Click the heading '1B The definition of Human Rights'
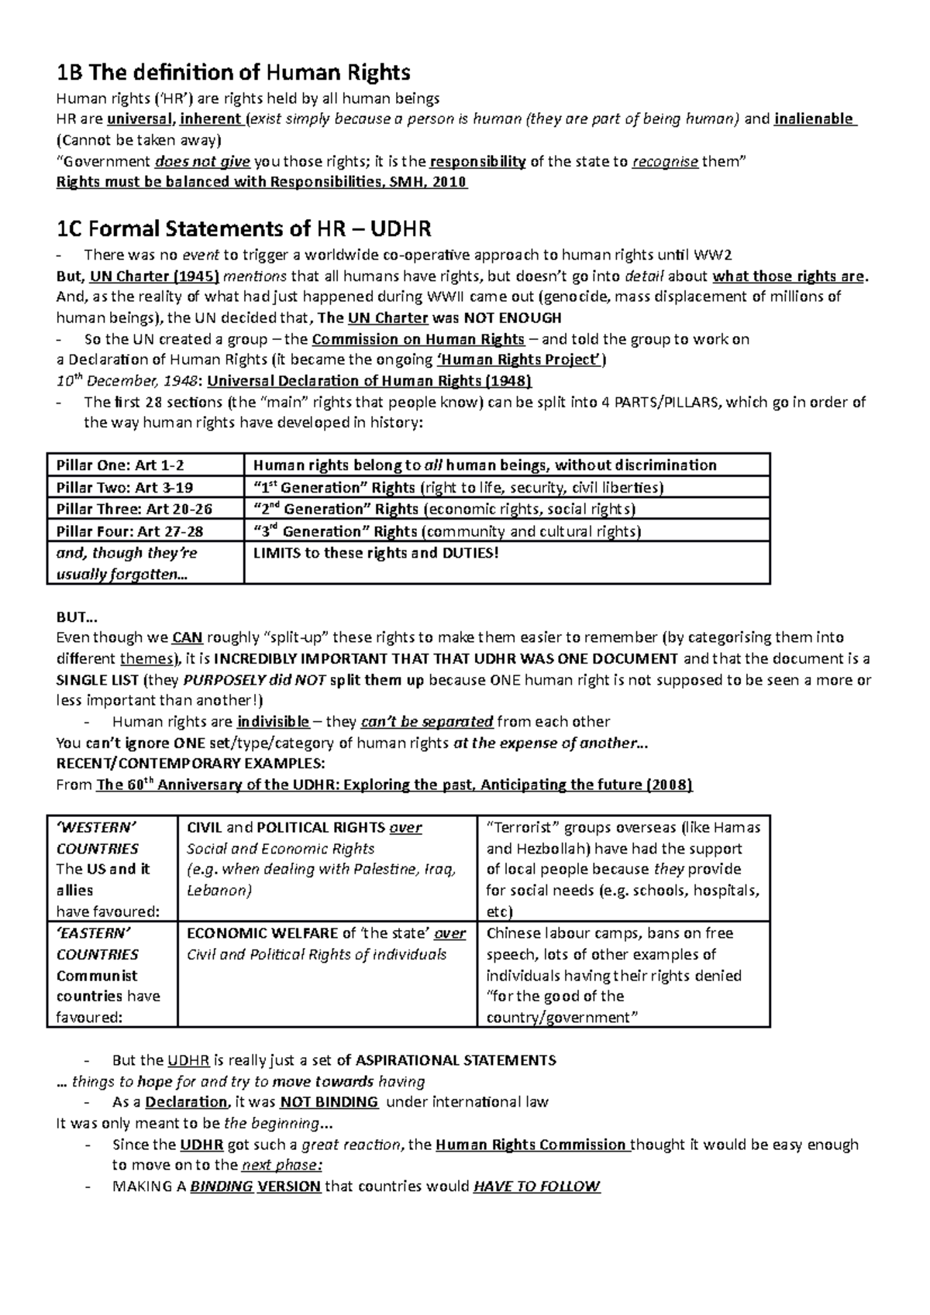233,73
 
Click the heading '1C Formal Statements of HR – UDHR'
244,229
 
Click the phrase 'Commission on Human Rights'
418,339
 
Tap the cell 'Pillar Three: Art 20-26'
134,509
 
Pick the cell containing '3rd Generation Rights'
446,531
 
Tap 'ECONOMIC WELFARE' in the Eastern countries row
262,933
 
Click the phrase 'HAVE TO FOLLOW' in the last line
536,1186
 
